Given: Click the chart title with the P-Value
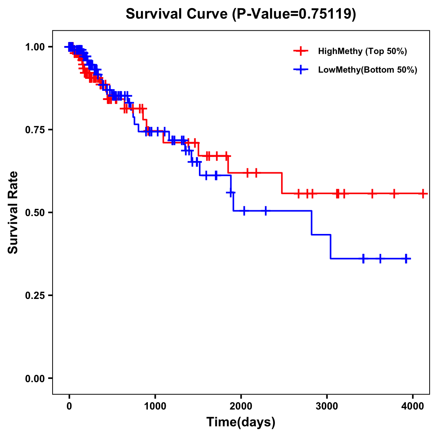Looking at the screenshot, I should click(241, 14).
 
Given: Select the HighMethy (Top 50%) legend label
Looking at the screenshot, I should click(362, 51).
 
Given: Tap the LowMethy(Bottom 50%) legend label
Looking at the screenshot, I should click(367, 70).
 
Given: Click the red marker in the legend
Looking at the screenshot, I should click(301, 51).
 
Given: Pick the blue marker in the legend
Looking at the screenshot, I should click(301, 70).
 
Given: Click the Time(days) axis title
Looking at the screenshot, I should click(241, 422).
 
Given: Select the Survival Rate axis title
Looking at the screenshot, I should click(14, 212).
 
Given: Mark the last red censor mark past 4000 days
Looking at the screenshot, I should click(423, 193).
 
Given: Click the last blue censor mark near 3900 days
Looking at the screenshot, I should click(406, 258).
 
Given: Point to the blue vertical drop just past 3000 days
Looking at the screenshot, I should click(330, 247).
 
